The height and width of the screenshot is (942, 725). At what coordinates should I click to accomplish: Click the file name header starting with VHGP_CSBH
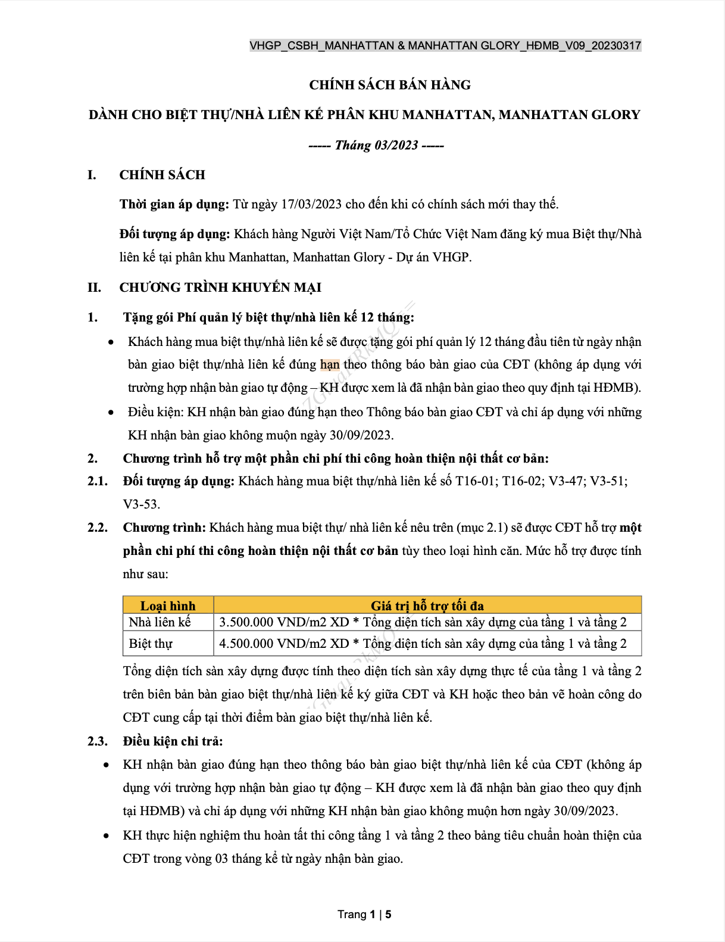click(445, 46)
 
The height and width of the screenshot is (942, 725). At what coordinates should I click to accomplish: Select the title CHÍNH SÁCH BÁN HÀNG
click(390, 85)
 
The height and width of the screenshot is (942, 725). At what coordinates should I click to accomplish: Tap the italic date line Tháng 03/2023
click(376, 145)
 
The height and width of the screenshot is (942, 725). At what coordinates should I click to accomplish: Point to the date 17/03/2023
click(311, 204)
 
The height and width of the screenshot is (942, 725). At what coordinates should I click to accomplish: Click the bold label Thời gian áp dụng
click(174, 204)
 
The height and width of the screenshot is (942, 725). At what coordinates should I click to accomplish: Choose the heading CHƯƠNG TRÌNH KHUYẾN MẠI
click(220, 288)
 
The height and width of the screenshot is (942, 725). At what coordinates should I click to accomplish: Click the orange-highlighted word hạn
click(330, 364)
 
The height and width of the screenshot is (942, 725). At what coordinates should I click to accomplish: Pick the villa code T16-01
click(475, 481)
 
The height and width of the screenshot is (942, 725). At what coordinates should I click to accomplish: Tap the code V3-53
click(140, 504)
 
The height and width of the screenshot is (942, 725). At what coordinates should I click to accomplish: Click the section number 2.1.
click(98, 481)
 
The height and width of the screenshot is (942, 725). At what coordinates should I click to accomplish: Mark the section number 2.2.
click(98, 528)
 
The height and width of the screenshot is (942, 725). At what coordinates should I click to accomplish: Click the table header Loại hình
click(168, 606)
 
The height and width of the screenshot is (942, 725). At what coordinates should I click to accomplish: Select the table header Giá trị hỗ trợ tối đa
click(427, 606)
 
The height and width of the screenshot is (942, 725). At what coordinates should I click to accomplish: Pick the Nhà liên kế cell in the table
click(160, 622)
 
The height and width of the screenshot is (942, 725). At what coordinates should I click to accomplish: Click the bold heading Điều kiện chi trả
click(173, 741)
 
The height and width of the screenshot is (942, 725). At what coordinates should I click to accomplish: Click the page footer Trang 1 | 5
click(364, 915)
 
